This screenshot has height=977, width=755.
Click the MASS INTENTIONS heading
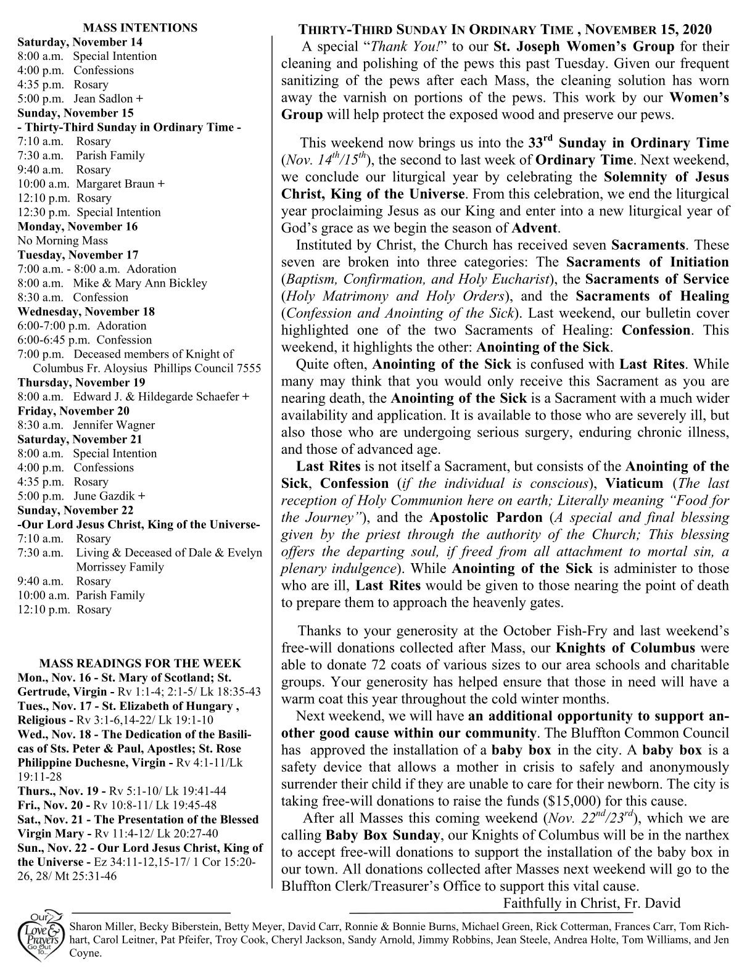pos(140,28)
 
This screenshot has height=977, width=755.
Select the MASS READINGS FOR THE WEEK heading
pos(140,664)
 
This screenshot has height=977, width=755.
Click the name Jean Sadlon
pos(103,99)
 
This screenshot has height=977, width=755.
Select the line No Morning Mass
pos(62,241)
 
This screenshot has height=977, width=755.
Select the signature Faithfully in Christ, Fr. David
pos(592,904)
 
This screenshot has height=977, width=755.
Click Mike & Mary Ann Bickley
pos(140,283)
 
